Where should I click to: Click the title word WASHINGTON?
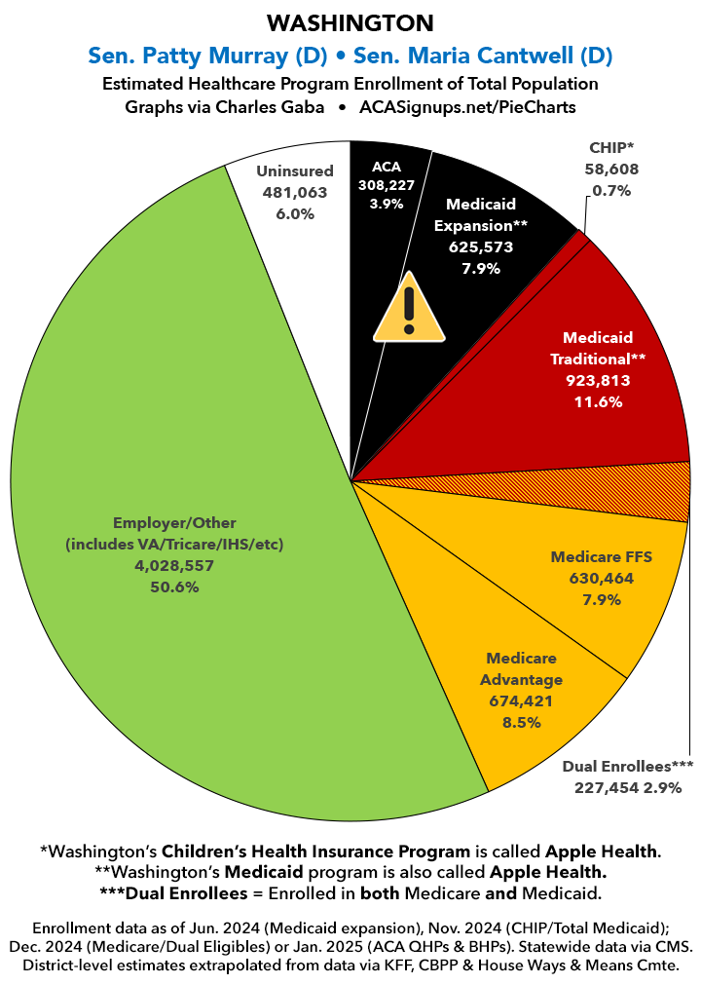(x=350, y=22)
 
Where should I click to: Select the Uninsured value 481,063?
(x=288, y=193)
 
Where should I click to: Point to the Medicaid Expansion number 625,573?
(x=481, y=246)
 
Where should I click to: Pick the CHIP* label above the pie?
(x=610, y=148)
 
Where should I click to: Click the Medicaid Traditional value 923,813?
(x=598, y=380)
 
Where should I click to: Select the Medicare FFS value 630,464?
(x=601, y=578)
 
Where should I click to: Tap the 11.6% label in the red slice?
(x=598, y=400)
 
